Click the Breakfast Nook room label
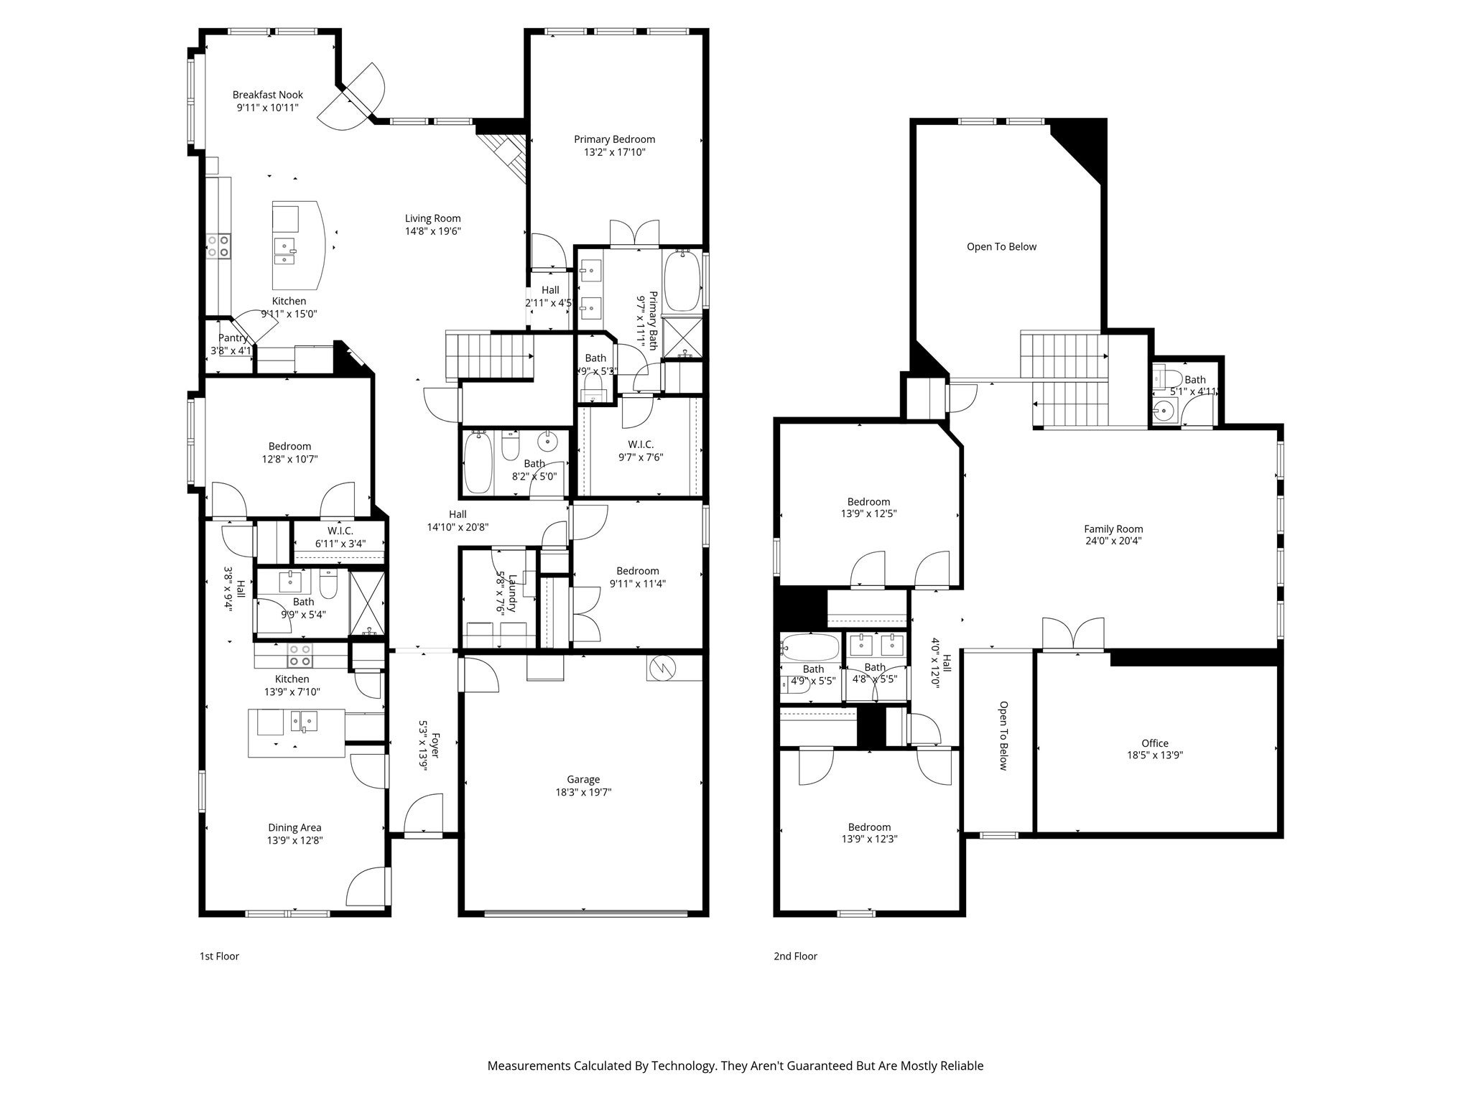(267, 95)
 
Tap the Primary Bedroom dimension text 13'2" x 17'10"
(614, 152)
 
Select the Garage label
(583, 779)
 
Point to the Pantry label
(232, 338)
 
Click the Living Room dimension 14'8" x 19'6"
(432, 231)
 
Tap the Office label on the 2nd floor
(1154, 743)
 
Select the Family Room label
(1113, 529)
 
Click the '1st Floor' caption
(219, 956)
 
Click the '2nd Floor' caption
(795, 956)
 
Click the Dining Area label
(294, 827)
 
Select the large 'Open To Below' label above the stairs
(1001, 246)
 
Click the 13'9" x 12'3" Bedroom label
(869, 827)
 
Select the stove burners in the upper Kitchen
(218, 246)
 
